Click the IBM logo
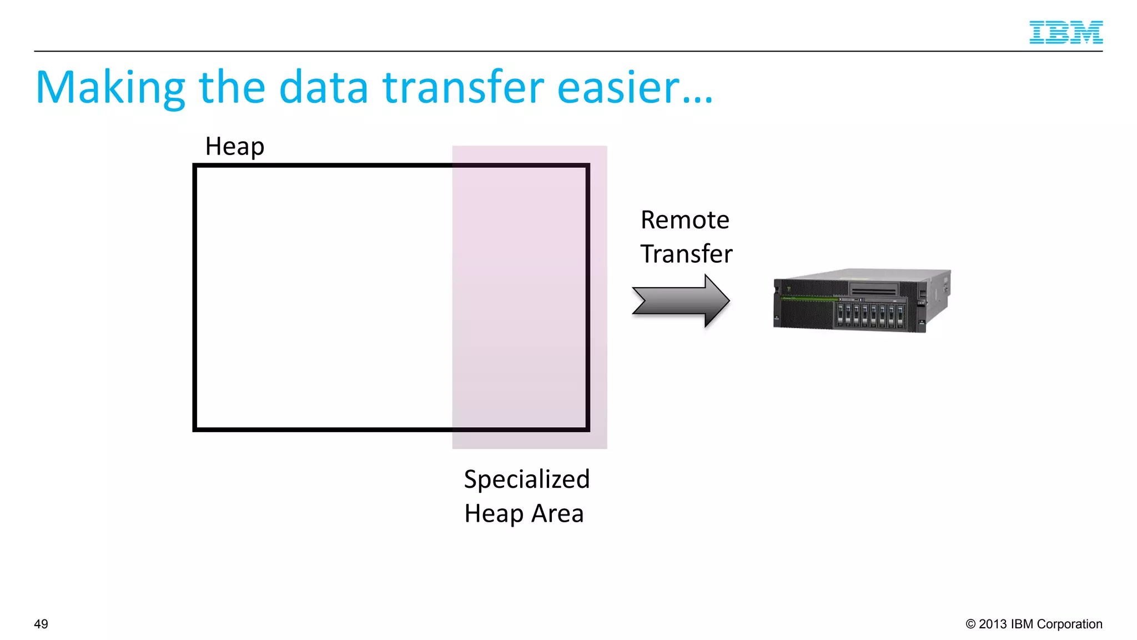tap(1065, 32)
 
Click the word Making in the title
tap(110, 88)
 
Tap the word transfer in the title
tap(463, 88)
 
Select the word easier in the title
tap(618, 88)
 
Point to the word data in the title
tap(323, 88)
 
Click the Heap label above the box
tap(234, 147)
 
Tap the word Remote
tap(685, 220)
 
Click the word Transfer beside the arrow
tap(686, 254)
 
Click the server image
tap(861, 301)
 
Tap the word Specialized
tap(526, 479)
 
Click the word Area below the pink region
tap(557, 513)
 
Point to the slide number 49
tap(41, 624)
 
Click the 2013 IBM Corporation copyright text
tap(1039, 624)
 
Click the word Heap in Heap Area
tap(494, 513)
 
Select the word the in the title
tap(232, 88)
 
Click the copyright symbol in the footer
tap(970, 624)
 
